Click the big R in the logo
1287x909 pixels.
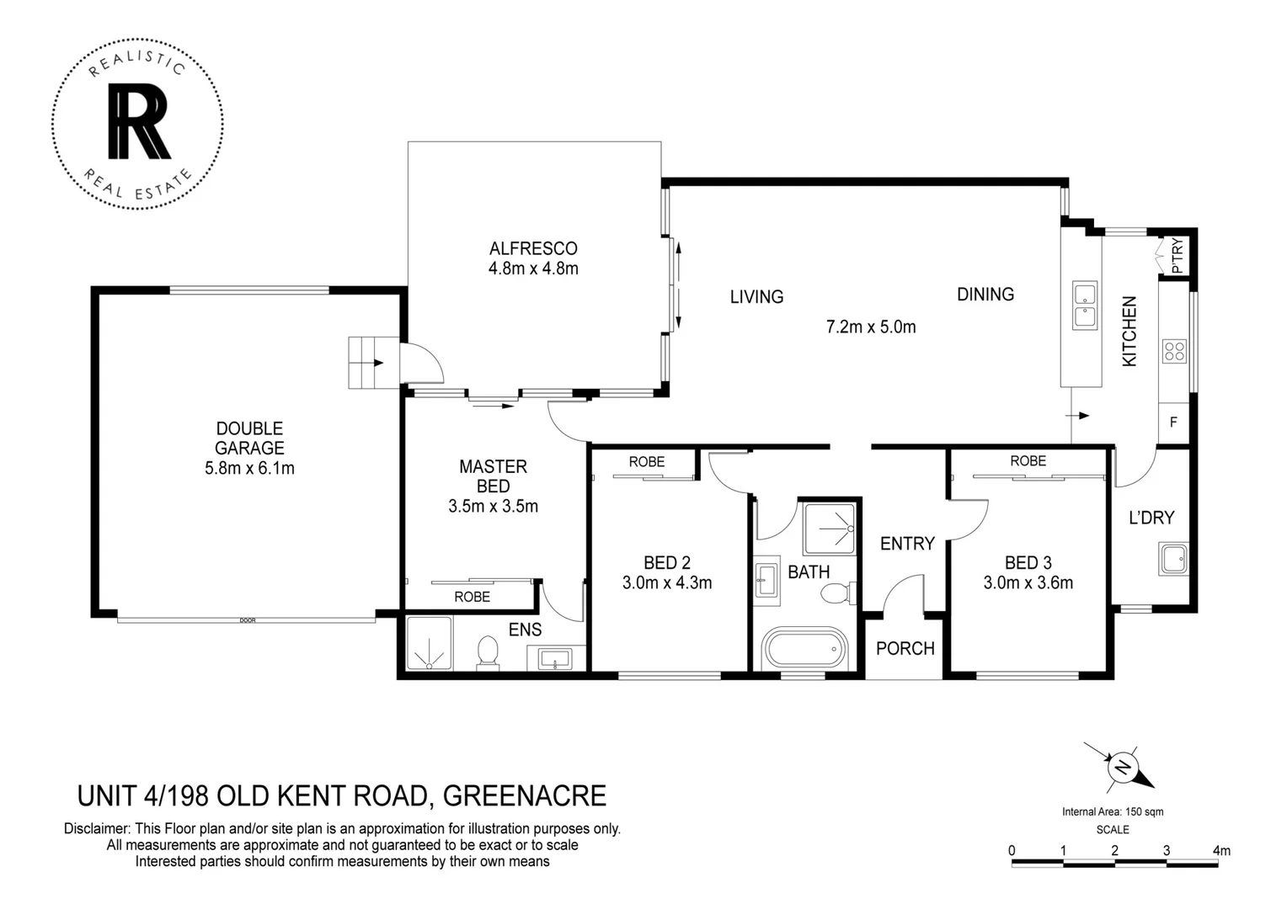139,124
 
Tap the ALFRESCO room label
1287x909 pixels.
533,248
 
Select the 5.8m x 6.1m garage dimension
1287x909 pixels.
249,468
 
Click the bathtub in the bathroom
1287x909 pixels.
804,649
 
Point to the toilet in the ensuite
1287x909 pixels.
488,653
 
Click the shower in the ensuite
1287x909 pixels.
430,644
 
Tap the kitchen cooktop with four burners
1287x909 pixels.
1174,351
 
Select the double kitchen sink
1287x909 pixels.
1084,306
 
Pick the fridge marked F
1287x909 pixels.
1173,423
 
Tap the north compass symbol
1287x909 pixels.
1123,767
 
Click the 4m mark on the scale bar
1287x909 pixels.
1220,850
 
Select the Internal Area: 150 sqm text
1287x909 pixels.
1112,812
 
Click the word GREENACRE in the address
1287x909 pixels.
524,795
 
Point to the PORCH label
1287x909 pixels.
905,648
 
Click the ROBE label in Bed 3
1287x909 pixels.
1028,461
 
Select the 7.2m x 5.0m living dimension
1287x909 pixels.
870,327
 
